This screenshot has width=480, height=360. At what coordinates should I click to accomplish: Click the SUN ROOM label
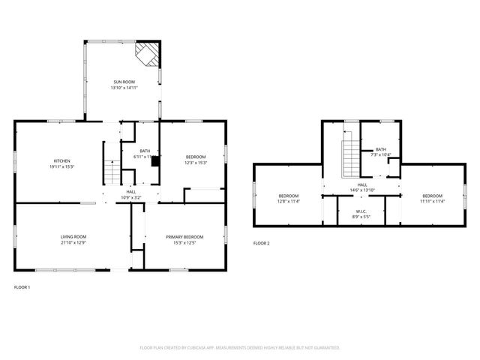(x=124, y=82)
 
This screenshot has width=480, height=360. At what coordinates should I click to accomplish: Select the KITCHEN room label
(x=61, y=160)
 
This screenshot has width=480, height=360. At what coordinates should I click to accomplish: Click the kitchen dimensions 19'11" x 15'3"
(x=61, y=166)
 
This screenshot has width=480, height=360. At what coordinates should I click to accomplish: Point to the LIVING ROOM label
(x=73, y=237)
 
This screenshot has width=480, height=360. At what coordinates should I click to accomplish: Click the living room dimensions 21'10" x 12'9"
(x=73, y=243)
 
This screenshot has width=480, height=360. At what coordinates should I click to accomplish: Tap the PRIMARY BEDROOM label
(x=184, y=237)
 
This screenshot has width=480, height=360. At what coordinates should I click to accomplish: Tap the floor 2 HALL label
(x=362, y=184)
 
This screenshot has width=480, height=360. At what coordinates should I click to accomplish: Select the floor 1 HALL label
(x=130, y=192)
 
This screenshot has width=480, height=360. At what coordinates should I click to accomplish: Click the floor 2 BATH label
(x=381, y=149)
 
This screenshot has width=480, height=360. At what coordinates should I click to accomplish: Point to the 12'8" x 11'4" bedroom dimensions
(x=289, y=201)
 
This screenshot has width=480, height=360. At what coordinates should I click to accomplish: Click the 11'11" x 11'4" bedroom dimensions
(x=432, y=201)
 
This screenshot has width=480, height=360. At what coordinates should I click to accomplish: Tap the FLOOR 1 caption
(x=22, y=286)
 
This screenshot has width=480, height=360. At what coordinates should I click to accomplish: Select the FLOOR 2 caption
(x=261, y=244)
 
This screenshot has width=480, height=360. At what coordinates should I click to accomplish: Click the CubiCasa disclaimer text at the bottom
(x=240, y=347)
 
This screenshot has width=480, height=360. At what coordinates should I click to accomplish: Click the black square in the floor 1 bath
(x=155, y=160)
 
